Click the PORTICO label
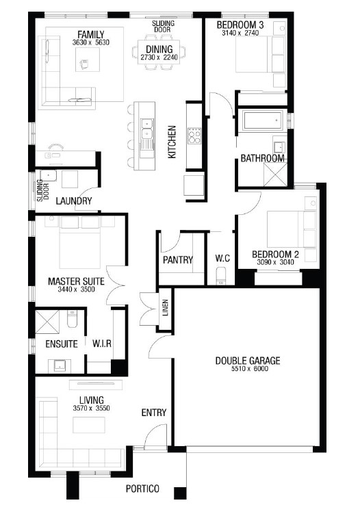pyautogui.click(x=142, y=489)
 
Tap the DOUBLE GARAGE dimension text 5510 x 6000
pyautogui.click(x=250, y=369)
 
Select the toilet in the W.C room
pyautogui.click(x=221, y=276)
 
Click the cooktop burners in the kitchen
pyautogui.click(x=194, y=135)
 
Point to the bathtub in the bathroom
pyautogui.click(x=263, y=120)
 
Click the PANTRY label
pyautogui.click(x=178, y=259)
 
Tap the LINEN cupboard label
pyautogui.click(x=166, y=307)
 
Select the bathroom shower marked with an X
pyautogui.click(x=275, y=174)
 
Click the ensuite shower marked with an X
pyautogui.click(x=47, y=322)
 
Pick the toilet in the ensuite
pyautogui.click(x=72, y=318)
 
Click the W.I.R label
pyautogui.click(x=102, y=344)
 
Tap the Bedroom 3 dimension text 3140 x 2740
pyautogui.click(x=240, y=33)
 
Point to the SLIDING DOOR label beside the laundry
pyautogui.click(x=42, y=190)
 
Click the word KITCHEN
pyautogui.click(x=172, y=142)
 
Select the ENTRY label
pyautogui.click(x=153, y=413)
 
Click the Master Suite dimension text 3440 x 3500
pyautogui.click(x=76, y=289)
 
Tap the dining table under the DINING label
pyautogui.click(x=159, y=52)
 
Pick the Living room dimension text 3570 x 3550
pyautogui.click(x=92, y=408)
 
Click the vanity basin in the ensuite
pyautogui.click(x=60, y=365)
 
